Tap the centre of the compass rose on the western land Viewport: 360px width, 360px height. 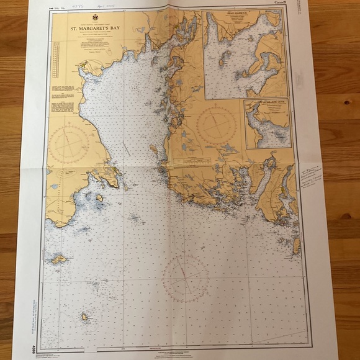point(69,145)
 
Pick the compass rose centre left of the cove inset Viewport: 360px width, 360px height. point(216,126)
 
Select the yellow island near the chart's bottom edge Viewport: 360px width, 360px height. point(84,317)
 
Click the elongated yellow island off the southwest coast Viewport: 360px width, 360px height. point(59,259)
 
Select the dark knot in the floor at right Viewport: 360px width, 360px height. point(344,217)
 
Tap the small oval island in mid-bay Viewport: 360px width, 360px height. point(153,148)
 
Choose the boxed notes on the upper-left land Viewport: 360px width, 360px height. point(62,99)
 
